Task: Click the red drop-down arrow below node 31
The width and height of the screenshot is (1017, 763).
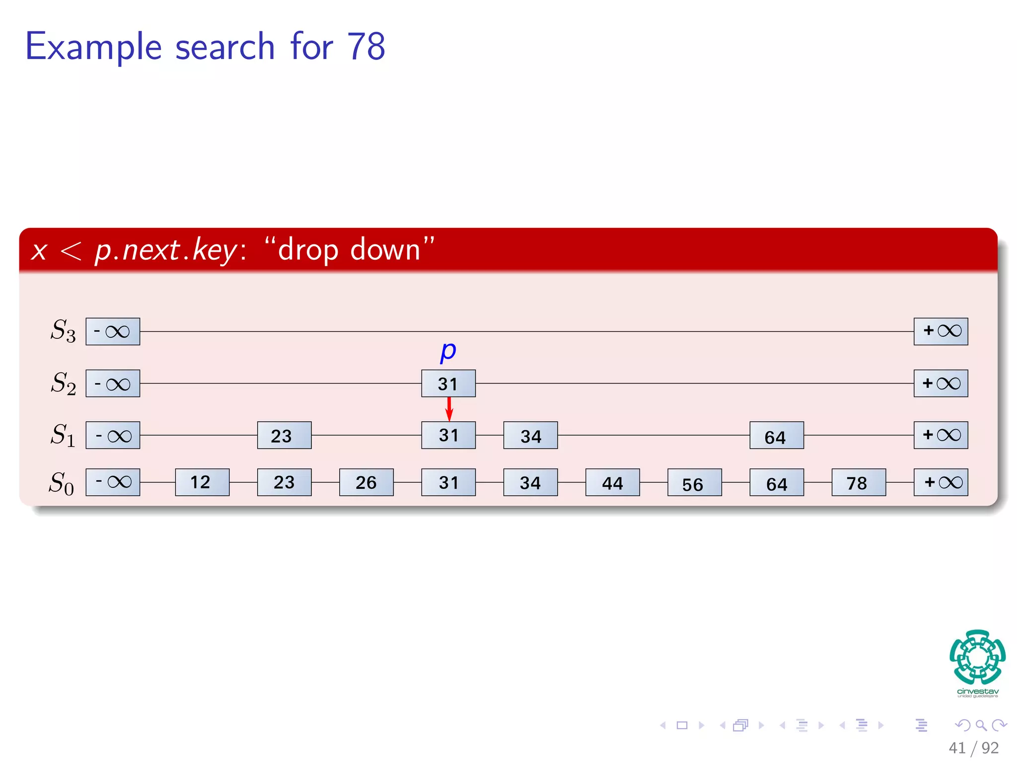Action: (449, 409)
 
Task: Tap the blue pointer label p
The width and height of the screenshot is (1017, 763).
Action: (448, 351)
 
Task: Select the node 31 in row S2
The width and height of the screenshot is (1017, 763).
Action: (448, 383)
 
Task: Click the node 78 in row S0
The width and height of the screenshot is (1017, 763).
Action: (859, 482)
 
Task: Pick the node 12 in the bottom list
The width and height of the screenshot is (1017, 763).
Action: (202, 482)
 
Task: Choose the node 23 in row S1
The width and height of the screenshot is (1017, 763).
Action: (284, 435)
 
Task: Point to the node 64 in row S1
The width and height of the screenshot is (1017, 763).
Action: (777, 435)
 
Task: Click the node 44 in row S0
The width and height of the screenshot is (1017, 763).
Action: (612, 482)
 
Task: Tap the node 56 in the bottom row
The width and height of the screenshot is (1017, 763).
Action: (694, 482)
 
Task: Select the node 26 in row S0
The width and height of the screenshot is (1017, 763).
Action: (366, 482)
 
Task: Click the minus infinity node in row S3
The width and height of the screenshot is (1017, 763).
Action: (113, 331)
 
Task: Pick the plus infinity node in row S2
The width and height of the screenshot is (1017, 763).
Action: (941, 383)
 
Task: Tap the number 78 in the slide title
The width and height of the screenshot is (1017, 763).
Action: (366, 47)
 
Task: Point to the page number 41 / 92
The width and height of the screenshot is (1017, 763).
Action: (973, 748)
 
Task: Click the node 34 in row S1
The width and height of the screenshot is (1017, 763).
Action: (530, 435)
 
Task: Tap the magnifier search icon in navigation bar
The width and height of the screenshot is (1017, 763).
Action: (981, 725)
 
